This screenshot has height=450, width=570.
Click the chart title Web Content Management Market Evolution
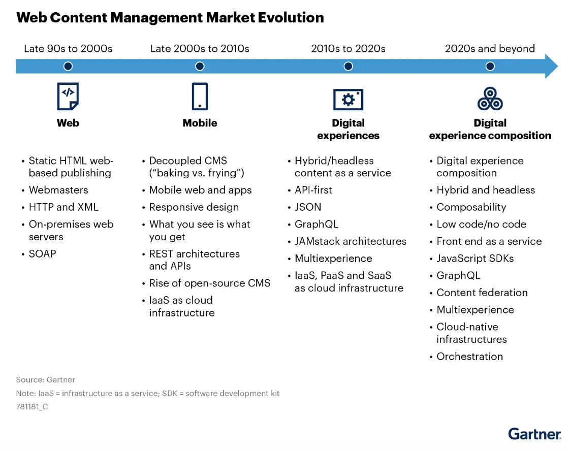pos(170,18)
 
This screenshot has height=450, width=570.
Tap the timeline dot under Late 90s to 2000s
pos(68,66)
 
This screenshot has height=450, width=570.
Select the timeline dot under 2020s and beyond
pos(490,66)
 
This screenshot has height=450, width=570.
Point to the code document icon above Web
pos(68,97)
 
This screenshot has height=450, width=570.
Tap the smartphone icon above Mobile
pos(200,97)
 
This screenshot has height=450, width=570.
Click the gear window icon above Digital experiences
pos(348,99)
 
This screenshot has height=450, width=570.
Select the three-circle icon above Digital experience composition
pos(490,99)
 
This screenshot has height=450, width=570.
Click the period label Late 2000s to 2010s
pos(200,49)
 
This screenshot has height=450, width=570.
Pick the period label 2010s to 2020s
pos(348,49)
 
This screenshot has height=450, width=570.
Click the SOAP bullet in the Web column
pos(42,253)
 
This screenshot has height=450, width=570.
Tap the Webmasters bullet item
pos(58,190)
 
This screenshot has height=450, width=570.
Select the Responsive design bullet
pos(194,207)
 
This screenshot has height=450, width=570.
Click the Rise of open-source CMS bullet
pos(209,283)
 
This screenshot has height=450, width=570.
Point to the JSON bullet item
pos(308,207)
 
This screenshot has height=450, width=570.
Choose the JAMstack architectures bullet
pos(351,241)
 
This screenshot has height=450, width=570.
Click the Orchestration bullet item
pos(469,357)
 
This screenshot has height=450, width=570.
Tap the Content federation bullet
pos(482,293)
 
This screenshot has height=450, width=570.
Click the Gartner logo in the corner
pos(534,433)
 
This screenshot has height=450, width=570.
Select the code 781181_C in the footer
pos(32,406)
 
